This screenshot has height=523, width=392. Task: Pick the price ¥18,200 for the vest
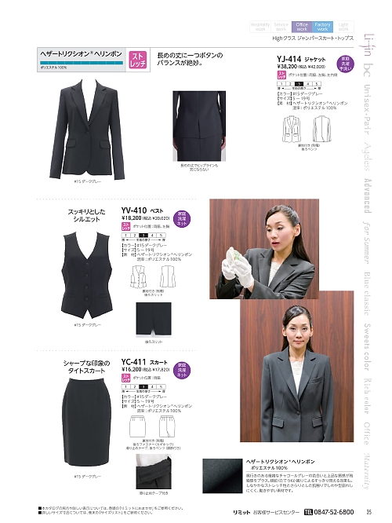pos(134,219)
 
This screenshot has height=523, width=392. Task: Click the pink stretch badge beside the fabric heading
pos(136,60)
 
